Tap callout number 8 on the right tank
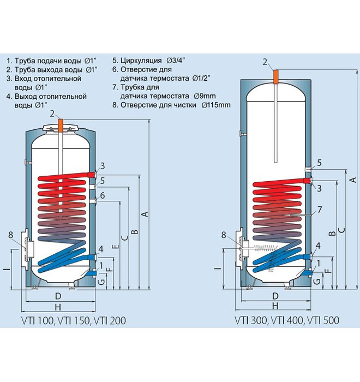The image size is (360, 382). pos(223,235)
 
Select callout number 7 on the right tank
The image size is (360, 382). pos(320,210)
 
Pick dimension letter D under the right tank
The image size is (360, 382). pos(275,296)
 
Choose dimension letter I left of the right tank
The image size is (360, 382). pos(217,268)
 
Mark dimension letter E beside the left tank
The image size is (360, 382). pos(114,247)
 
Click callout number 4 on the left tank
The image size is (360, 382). pos(101,250)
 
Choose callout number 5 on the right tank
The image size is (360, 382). pos(320,163)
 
